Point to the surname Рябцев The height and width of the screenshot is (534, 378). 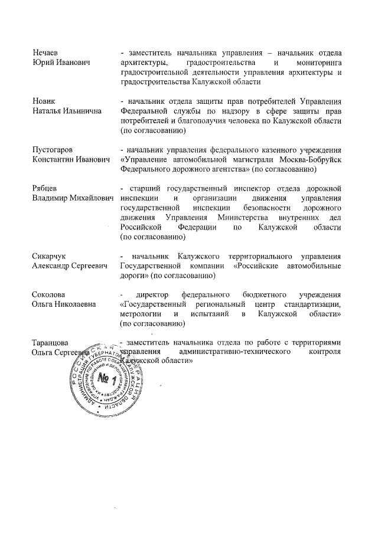pos(44,188)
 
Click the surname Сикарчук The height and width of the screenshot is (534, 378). pos(49,256)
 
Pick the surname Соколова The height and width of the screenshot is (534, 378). pos(48,294)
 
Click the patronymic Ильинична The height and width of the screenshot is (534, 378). pos(81,111)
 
